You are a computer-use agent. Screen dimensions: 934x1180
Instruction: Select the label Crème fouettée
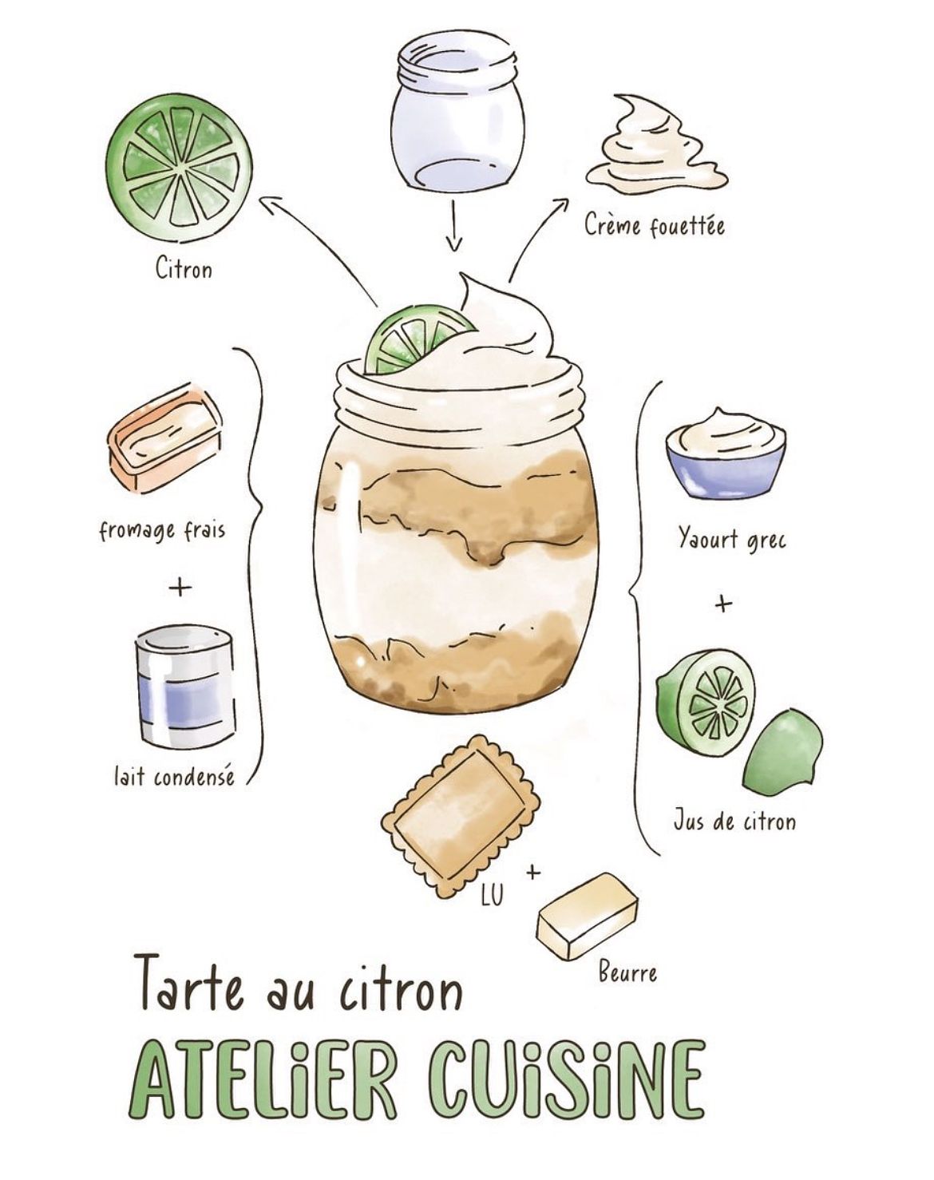[655, 225]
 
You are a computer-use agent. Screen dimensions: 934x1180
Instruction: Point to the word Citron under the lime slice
[184, 269]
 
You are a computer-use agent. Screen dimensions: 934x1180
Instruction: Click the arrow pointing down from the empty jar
[453, 226]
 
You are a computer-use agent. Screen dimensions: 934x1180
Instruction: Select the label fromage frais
[162, 532]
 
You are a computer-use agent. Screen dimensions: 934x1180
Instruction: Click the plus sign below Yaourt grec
[723, 605]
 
